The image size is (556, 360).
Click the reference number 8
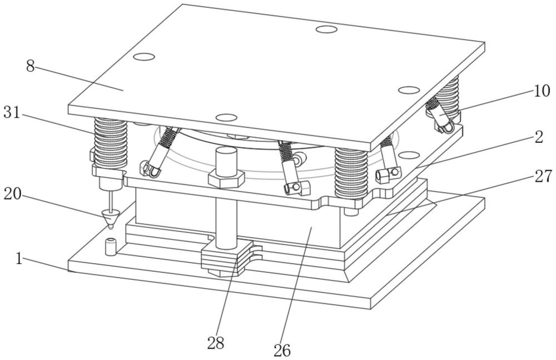30,66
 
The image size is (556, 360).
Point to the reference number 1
19,259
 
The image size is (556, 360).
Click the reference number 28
216,343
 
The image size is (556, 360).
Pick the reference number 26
282,350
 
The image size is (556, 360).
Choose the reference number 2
539,138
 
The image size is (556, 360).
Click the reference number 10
542,91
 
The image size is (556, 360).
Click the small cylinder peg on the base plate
110,246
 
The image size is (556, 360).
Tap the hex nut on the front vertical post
226,179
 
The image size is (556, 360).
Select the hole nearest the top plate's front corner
226,118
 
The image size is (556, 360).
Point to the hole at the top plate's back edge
326,29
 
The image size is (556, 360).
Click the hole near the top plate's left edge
143,56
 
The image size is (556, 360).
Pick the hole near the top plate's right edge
409,90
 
